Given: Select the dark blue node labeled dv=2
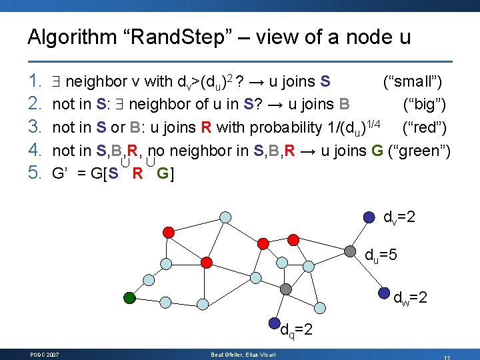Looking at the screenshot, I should (x=369, y=217).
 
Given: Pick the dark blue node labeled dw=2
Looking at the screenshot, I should (x=384, y=293).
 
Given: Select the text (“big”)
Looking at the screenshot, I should (x=425, y=105).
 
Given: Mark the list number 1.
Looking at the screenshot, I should (x=36, y=82).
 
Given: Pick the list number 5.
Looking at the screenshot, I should (x=36, y=173).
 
